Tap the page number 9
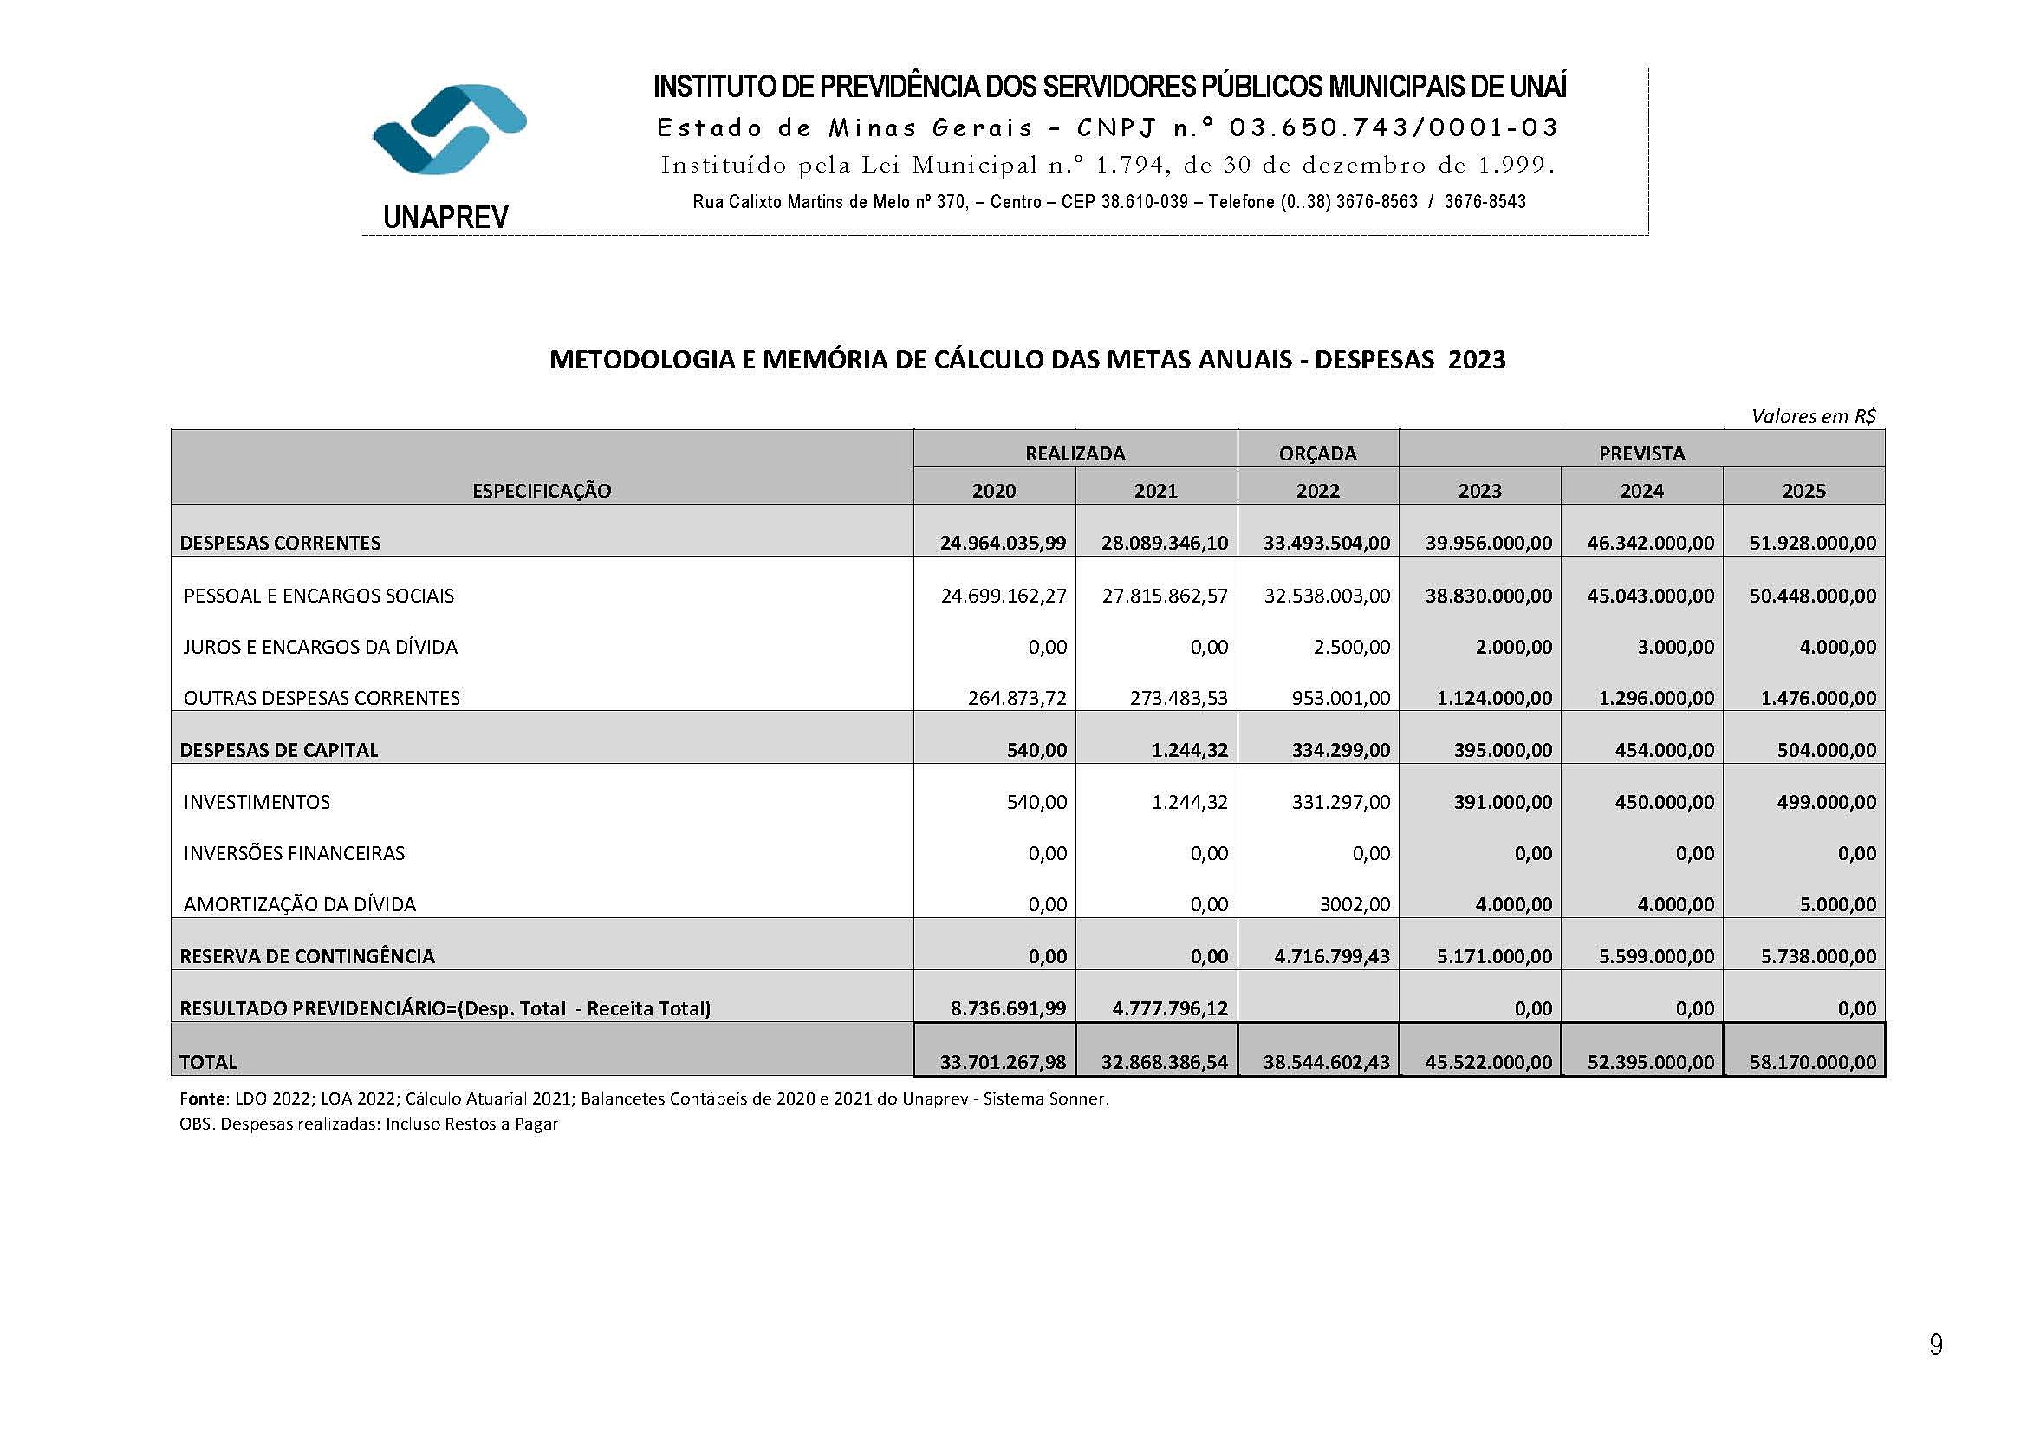[1935, 1344]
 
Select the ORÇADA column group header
[1317, 453]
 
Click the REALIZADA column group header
[1075, 453]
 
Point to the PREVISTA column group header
[1641, 453]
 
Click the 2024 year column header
[1641, 491]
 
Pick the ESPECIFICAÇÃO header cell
[541, 491]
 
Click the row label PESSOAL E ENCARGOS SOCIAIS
[319, 596]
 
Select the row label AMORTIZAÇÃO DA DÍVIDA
[299, 904]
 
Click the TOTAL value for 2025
[1812, 1062]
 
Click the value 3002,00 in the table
[1353, 904]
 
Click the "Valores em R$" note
[1813, 416]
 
